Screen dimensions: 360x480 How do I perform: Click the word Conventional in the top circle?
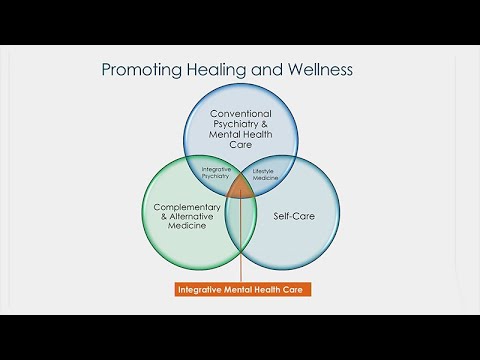point(240,116)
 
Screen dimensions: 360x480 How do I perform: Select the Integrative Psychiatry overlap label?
point(217,174)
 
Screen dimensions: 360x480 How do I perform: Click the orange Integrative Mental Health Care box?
point(241,289)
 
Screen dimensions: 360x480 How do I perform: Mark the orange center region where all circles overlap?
point(240,188)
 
